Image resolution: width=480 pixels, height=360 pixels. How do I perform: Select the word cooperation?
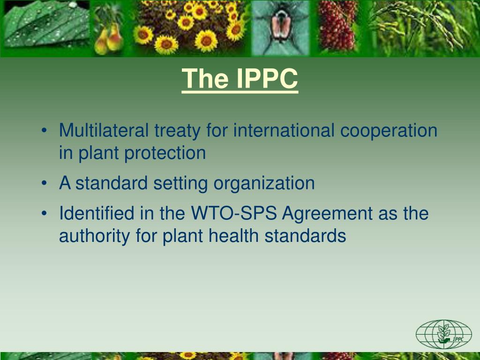389,131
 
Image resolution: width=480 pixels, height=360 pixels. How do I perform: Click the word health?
234,236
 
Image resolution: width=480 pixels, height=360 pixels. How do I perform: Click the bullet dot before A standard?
44,184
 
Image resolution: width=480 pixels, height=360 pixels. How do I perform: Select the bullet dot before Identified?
44,214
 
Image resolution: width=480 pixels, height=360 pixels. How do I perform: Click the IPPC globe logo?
443,334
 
